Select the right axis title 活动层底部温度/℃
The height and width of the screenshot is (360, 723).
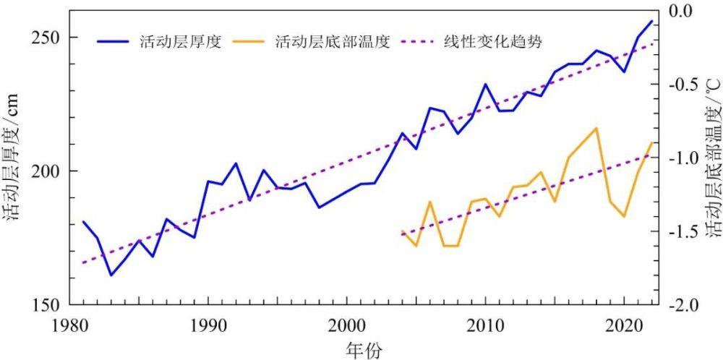[711, 171]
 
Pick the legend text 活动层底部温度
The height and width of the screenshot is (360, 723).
[333, 41]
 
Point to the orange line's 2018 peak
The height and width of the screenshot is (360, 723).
[596, 128]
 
